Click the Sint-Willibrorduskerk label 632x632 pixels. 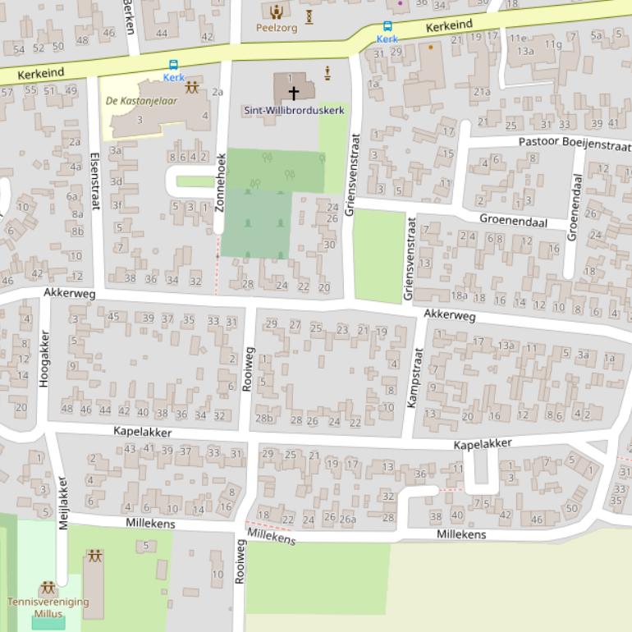[x=294, y=110]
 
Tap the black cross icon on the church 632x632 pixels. [x=293, y=93]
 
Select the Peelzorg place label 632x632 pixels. [x=277, y=27]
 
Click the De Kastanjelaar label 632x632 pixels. [x=142, y=101]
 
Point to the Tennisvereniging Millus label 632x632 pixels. [x=48, y=607]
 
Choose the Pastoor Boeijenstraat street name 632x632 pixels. [x=575, y=143]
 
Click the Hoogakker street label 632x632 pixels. [x=45, y=359]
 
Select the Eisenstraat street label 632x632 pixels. [x=94, y=181]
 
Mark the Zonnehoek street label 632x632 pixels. [x=220, y=182]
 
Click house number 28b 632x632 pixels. [x=264, y=419]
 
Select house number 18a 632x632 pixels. [x=459, y=296]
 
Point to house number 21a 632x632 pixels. [x=482, y=92]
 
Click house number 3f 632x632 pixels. [x=117, y=206]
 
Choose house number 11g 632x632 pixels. [x=553, y=45]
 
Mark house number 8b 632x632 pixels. [x=77, y=231]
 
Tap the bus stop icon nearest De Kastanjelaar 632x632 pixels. [x=173, y=65]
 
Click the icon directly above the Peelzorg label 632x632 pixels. [x=277, y=11]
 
